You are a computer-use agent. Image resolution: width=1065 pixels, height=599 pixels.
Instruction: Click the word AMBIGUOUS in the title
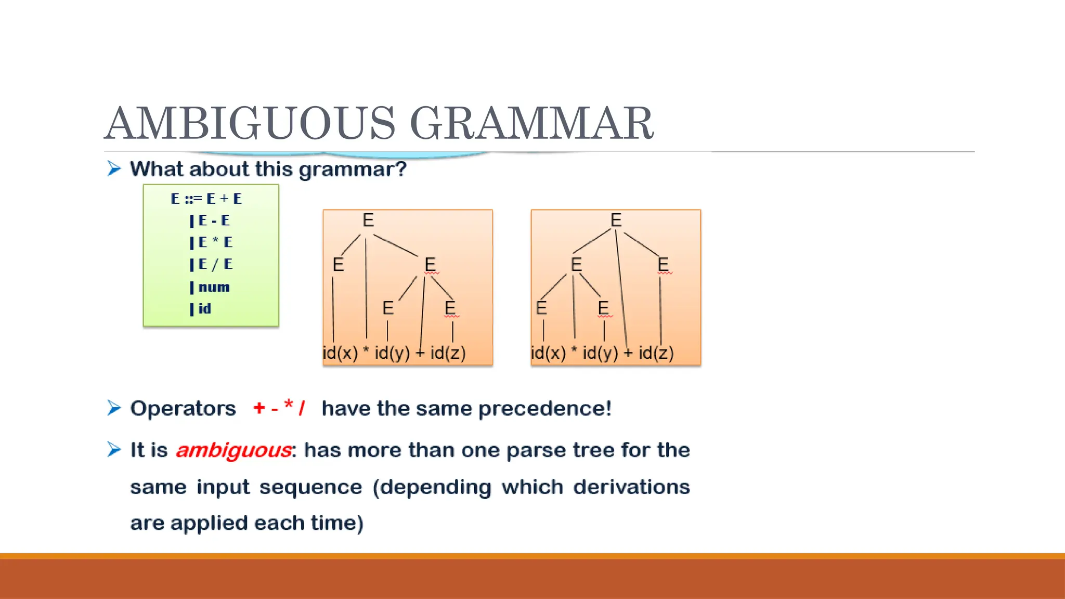250,123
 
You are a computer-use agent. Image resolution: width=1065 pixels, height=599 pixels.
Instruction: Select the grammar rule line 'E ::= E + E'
206,199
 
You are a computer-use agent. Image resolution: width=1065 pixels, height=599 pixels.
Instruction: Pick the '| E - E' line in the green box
210,220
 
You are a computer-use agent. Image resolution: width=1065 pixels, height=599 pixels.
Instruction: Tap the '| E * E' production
211,242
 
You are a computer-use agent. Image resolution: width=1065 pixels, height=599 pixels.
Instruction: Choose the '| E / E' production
211,264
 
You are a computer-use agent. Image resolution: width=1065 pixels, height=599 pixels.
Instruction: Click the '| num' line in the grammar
210,287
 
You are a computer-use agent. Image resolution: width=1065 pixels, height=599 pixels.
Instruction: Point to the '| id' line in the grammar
201,309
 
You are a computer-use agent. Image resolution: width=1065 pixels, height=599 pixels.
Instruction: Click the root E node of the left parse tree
368,220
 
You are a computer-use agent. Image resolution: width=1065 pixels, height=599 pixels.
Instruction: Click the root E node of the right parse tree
616,220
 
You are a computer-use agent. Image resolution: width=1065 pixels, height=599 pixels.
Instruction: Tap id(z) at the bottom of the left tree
448,353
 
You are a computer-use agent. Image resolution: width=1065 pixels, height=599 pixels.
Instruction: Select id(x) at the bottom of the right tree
548,353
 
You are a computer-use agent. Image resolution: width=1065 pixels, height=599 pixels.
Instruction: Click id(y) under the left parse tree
392,353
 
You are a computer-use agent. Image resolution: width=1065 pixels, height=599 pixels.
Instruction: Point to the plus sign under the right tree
628,353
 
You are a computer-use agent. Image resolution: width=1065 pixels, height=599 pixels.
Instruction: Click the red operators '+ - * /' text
279,408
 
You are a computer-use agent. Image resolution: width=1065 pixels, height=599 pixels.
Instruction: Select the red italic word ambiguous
233,450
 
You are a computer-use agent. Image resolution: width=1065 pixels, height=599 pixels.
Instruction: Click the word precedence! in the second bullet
544,409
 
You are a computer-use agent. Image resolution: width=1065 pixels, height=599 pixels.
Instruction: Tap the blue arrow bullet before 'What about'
114,168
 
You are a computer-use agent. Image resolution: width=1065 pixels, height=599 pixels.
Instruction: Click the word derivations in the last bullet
631,487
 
